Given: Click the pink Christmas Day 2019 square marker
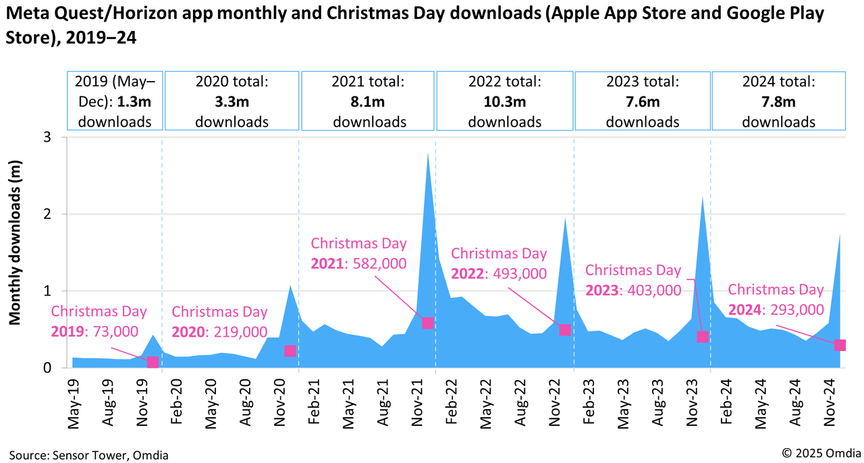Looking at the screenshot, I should (x=153, y=362).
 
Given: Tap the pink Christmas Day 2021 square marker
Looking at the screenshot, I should (x=427, y=323).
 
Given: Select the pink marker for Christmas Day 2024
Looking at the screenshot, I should (x=840, y=345).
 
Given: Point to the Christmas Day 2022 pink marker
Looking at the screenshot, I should (x=565, y=329).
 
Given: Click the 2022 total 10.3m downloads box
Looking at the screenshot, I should (x=505, y=101).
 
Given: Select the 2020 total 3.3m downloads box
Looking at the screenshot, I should (x=232, y=101).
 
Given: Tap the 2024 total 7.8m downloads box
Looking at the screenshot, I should (x=778, y=101).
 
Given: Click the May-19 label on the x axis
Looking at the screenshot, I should (x=74, y=403).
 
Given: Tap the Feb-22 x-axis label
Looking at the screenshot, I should (x=450, y=403).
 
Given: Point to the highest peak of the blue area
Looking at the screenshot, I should (x=428, y=153).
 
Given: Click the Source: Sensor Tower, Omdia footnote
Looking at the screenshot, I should (x=88, y=455).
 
